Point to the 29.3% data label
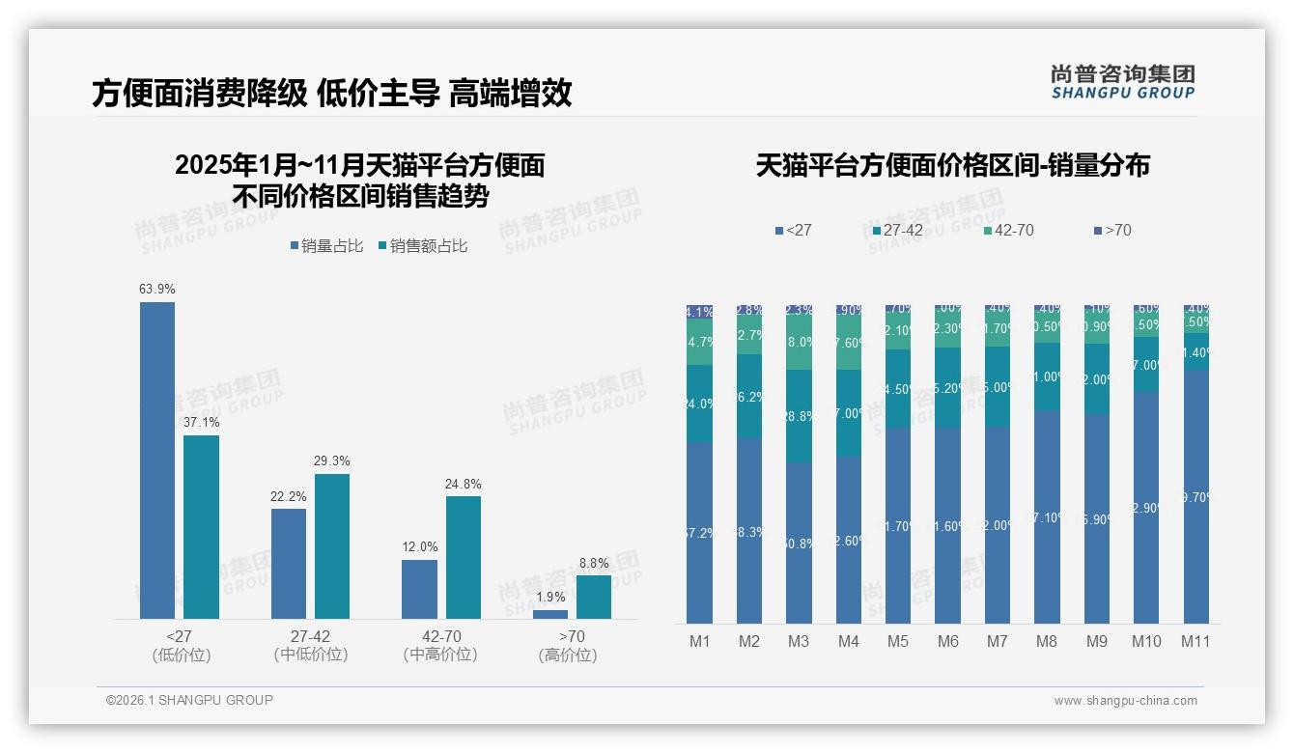[331, 460]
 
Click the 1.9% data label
[549, 597]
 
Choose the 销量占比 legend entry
[325, 246]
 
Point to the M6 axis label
[947, 641]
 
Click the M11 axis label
[1196, 641]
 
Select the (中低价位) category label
[310, 655]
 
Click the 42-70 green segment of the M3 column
[799, 343]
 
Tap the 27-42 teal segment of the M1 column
[699, 404]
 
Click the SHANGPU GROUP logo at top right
[1122, 82]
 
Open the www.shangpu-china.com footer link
[1125, 701]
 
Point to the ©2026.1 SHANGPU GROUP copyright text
[189, 700]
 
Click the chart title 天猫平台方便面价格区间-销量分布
[952, 166]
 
